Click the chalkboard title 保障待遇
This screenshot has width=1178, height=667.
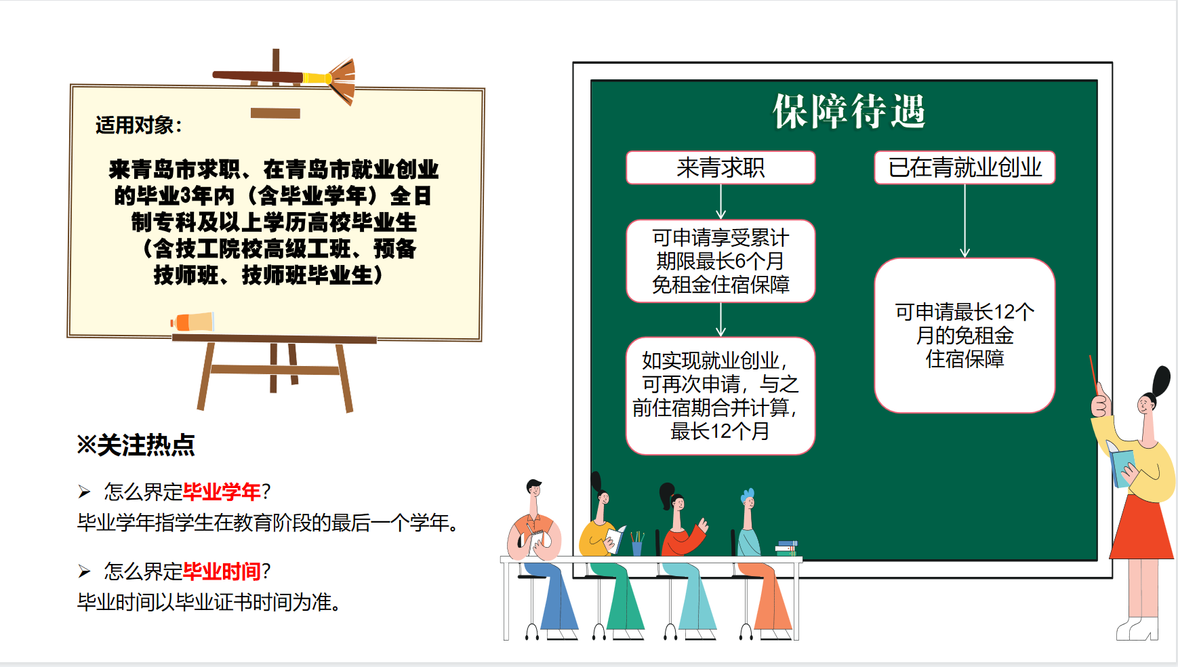pyautogui.click(x=849, y=111)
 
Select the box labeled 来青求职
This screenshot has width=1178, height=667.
pyautogui.click(x=720, y=167)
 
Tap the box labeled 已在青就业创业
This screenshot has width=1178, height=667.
pyautogui.click(x=964, y=167)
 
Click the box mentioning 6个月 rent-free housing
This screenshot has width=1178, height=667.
pyautogui.click(x=720, y=261)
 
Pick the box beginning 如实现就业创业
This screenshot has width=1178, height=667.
pyautogui.click(x=720, y=396)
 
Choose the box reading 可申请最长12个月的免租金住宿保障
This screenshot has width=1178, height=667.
pyautogui.click(x=964, y=335)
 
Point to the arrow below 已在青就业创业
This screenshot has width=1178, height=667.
pyautogui.click(x=964, y=221)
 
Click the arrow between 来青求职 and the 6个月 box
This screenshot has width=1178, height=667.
pyautogui.click(x=720, y=202)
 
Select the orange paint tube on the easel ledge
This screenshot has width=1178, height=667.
pyautogui.click(x=192, y=321)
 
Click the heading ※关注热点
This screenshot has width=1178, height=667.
pyautogui.click(x=136, y=445)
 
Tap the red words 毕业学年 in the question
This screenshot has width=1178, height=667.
pyautogui.click(x=222, y=491)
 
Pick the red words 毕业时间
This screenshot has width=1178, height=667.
pyautogui.click(x=222, y=571)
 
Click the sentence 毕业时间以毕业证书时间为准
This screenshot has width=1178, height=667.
pyautogui.click(x=209, y=602)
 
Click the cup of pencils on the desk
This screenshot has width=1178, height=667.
pyautogui.click(x=636, y=544)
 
